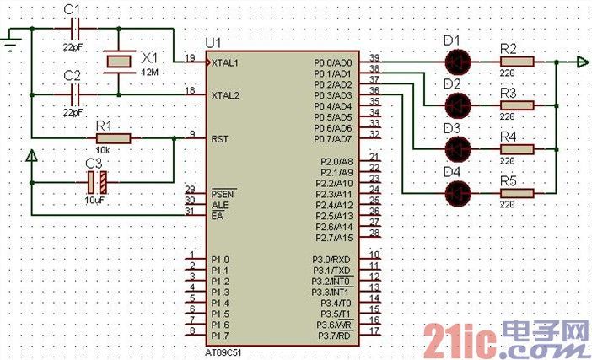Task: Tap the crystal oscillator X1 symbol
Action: (x=118, y=61)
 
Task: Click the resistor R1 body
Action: (x=111, y=138)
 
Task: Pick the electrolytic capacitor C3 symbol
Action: (x=97, y=180)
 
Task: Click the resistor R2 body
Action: (x=515, y=62)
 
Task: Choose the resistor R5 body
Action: (x=515, y=193)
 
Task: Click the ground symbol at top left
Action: (x=11, y=40)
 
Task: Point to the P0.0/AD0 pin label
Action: (x=332, y=63)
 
